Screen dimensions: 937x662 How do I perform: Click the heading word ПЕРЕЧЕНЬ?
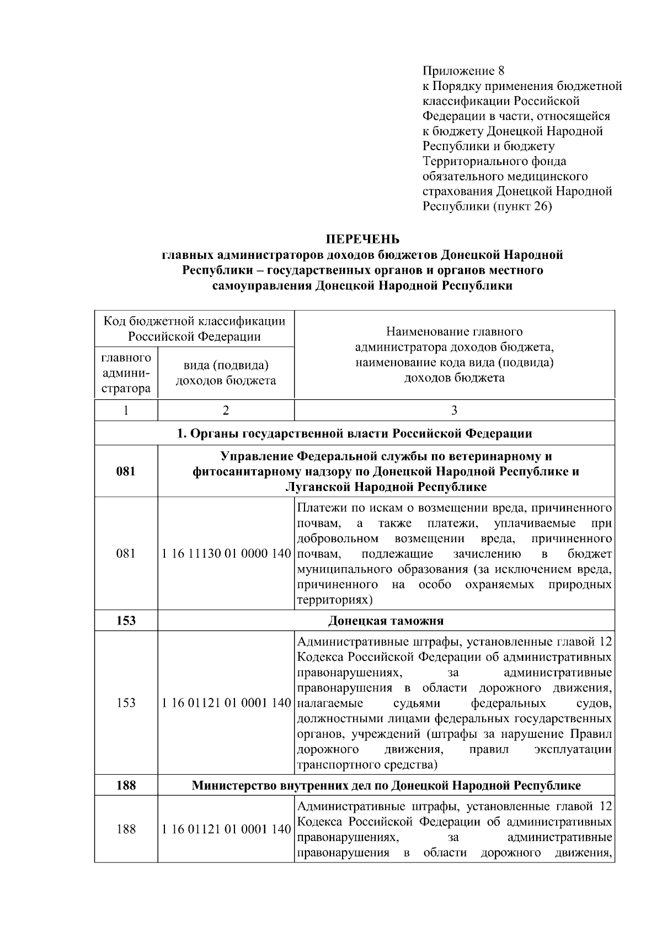(362, 239)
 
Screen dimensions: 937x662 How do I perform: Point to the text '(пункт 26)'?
(521, 207)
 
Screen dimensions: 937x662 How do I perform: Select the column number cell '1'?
(126, 410)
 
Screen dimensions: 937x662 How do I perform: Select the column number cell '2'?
(226, 410)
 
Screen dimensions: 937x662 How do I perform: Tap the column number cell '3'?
(454, 410)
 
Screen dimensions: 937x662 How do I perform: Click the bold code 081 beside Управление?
(126, 472)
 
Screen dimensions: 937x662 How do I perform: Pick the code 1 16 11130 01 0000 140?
(226, 554)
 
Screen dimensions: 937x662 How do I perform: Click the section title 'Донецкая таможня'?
(386, 621)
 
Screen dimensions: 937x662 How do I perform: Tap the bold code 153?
(126, 621)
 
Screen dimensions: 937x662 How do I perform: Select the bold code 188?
(126, 785)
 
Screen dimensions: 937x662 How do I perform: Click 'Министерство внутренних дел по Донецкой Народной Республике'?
(386, 785)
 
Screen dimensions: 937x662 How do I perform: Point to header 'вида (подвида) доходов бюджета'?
(226, 373)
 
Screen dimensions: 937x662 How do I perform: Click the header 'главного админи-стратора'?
(126, 373)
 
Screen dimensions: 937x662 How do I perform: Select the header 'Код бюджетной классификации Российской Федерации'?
(194, 329)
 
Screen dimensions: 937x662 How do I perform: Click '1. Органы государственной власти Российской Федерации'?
(354, 433)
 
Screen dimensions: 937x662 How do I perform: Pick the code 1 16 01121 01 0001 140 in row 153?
(226, 703)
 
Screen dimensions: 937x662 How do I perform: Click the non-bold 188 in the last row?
(126, 829)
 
